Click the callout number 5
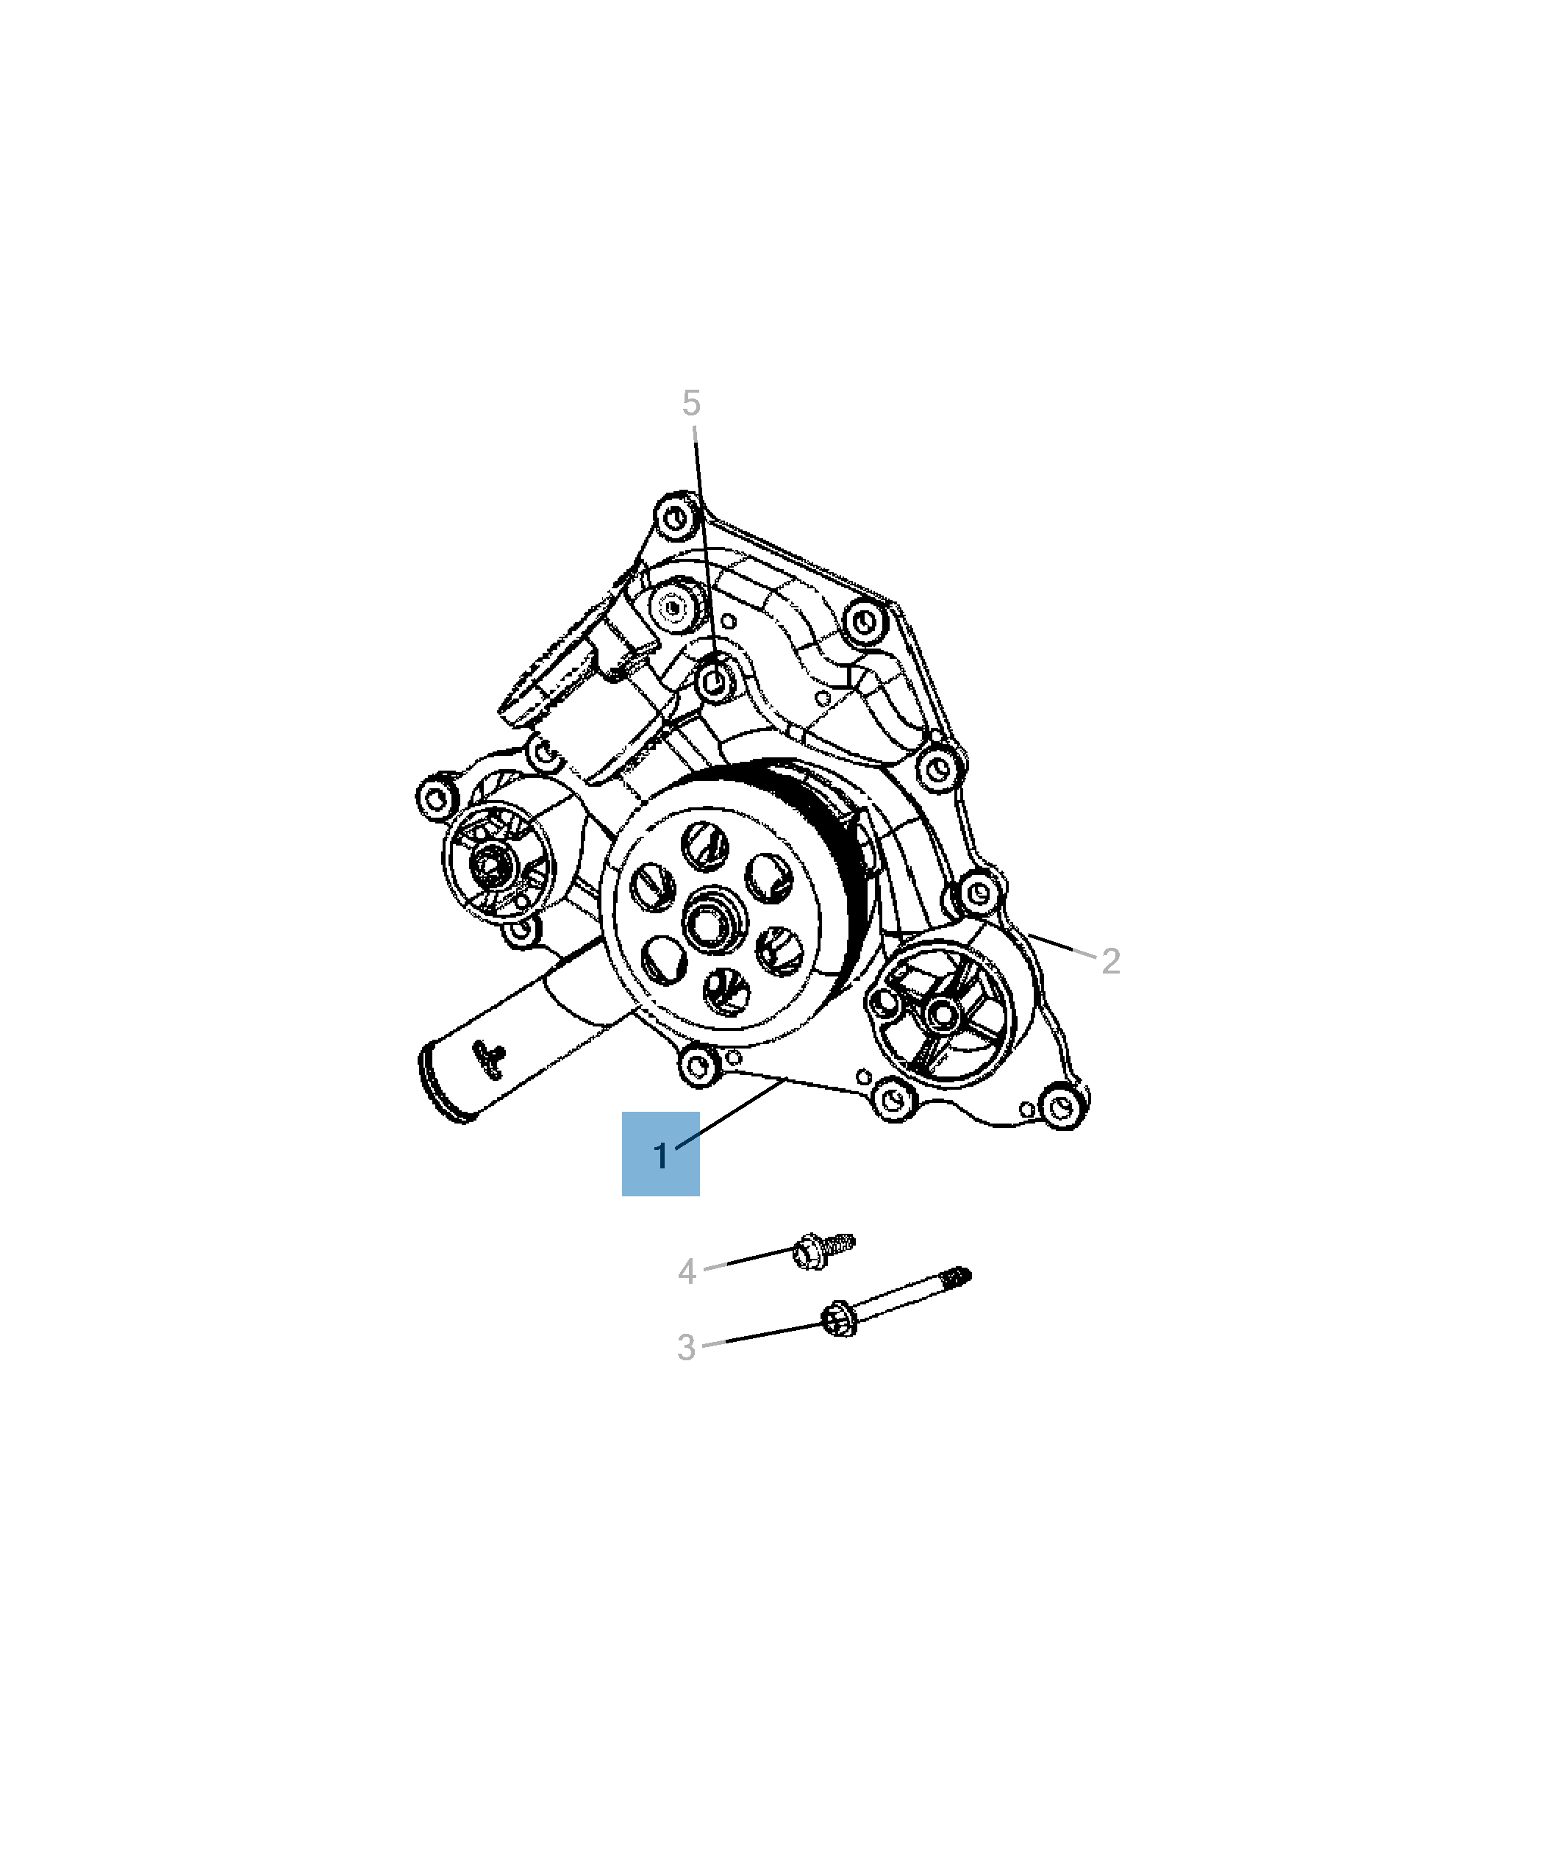[x=691, y=403]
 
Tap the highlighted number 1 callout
[x=660, y=1155]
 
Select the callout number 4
[x=686, y=1271]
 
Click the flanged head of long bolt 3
[x=838, y=1320]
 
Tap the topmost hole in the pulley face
[x=705, y=845]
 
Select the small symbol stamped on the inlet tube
[x=489, y=1059]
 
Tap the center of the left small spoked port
[x=489, y=863]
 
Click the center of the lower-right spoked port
[x=943, y=1013]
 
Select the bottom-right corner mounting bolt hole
[x=1060, y=1108]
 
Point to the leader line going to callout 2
[x=1061, y=946]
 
